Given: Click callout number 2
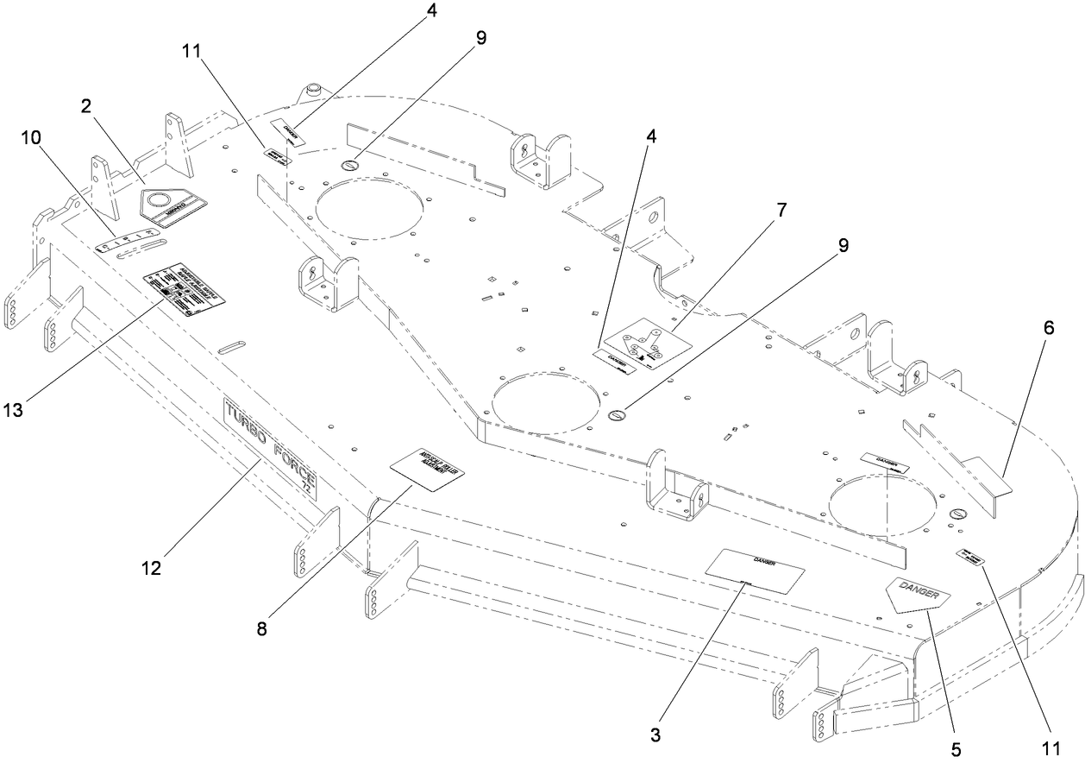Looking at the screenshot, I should pos(87,106).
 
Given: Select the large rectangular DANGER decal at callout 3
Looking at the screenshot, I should pos(756,571).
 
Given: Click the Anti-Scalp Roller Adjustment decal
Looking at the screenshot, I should pos(428,469).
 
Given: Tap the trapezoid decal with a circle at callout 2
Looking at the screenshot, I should pos(172,207).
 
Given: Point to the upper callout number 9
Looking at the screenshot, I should pos(480,38).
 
